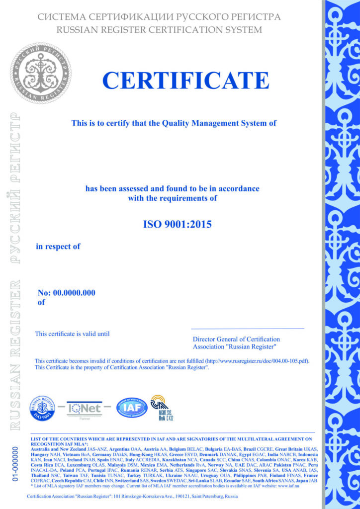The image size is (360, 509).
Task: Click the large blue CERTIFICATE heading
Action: tap(185, 80)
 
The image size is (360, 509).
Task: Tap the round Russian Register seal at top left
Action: tap(41, 73)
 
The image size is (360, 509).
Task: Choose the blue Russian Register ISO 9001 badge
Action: tap(43, 408)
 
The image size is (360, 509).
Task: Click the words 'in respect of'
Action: tap(58, 246)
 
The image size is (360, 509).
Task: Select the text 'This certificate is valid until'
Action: tap(72, 334)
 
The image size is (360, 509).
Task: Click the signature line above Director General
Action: tap(247, 329)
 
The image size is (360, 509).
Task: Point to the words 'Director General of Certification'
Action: tap(236, 339)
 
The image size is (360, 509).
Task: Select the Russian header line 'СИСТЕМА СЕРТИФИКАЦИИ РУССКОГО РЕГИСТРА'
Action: tap(159, 17)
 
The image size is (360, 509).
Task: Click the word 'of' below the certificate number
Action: tap(41, 301)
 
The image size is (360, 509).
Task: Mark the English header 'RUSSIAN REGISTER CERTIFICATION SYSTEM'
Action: tap(159, 30)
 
